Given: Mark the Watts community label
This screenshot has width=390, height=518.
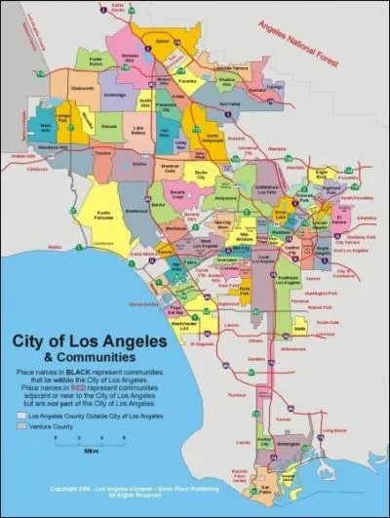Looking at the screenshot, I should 299,329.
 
